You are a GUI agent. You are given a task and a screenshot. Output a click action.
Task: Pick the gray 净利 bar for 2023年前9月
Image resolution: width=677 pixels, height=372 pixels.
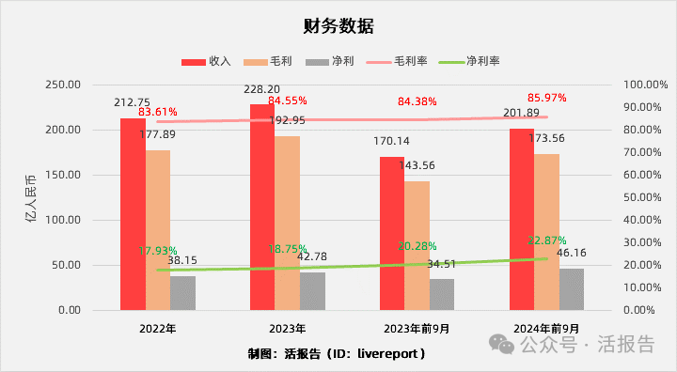441,294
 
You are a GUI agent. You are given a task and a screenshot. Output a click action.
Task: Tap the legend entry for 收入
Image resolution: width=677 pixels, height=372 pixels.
206,60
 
